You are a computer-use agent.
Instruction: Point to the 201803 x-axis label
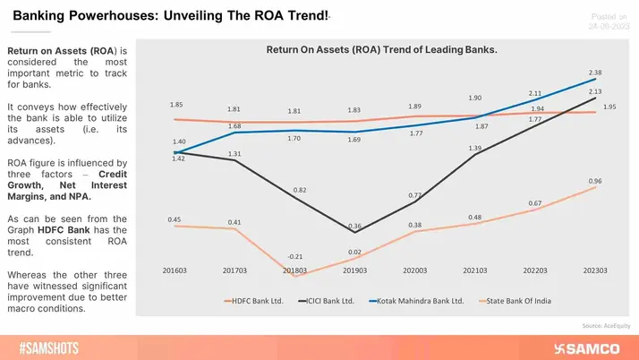[295, 270]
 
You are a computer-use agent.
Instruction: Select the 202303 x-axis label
[596, 270]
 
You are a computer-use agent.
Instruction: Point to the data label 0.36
[354, 226]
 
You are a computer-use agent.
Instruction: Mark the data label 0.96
[593, 182]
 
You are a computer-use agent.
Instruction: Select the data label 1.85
[177, 106]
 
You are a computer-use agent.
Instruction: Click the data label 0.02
[354, 252]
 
